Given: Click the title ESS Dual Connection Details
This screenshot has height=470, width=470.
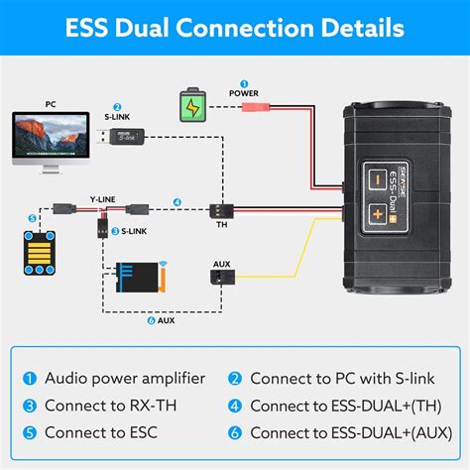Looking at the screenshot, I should pos(235,27).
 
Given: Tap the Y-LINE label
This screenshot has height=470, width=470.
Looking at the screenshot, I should pos(101,198).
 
